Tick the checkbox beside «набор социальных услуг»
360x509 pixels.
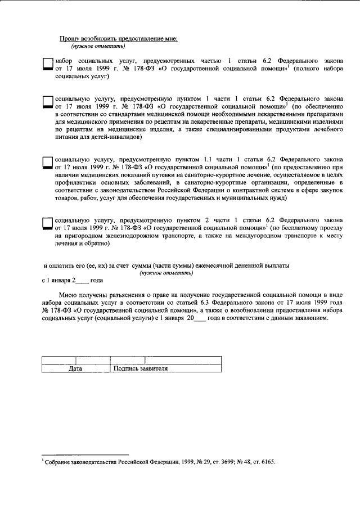48,65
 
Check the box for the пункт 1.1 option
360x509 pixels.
48,162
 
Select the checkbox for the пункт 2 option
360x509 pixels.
48,223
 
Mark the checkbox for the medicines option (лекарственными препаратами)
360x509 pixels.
48,101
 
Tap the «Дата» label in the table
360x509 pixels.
75,369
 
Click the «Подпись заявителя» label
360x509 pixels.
141,369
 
